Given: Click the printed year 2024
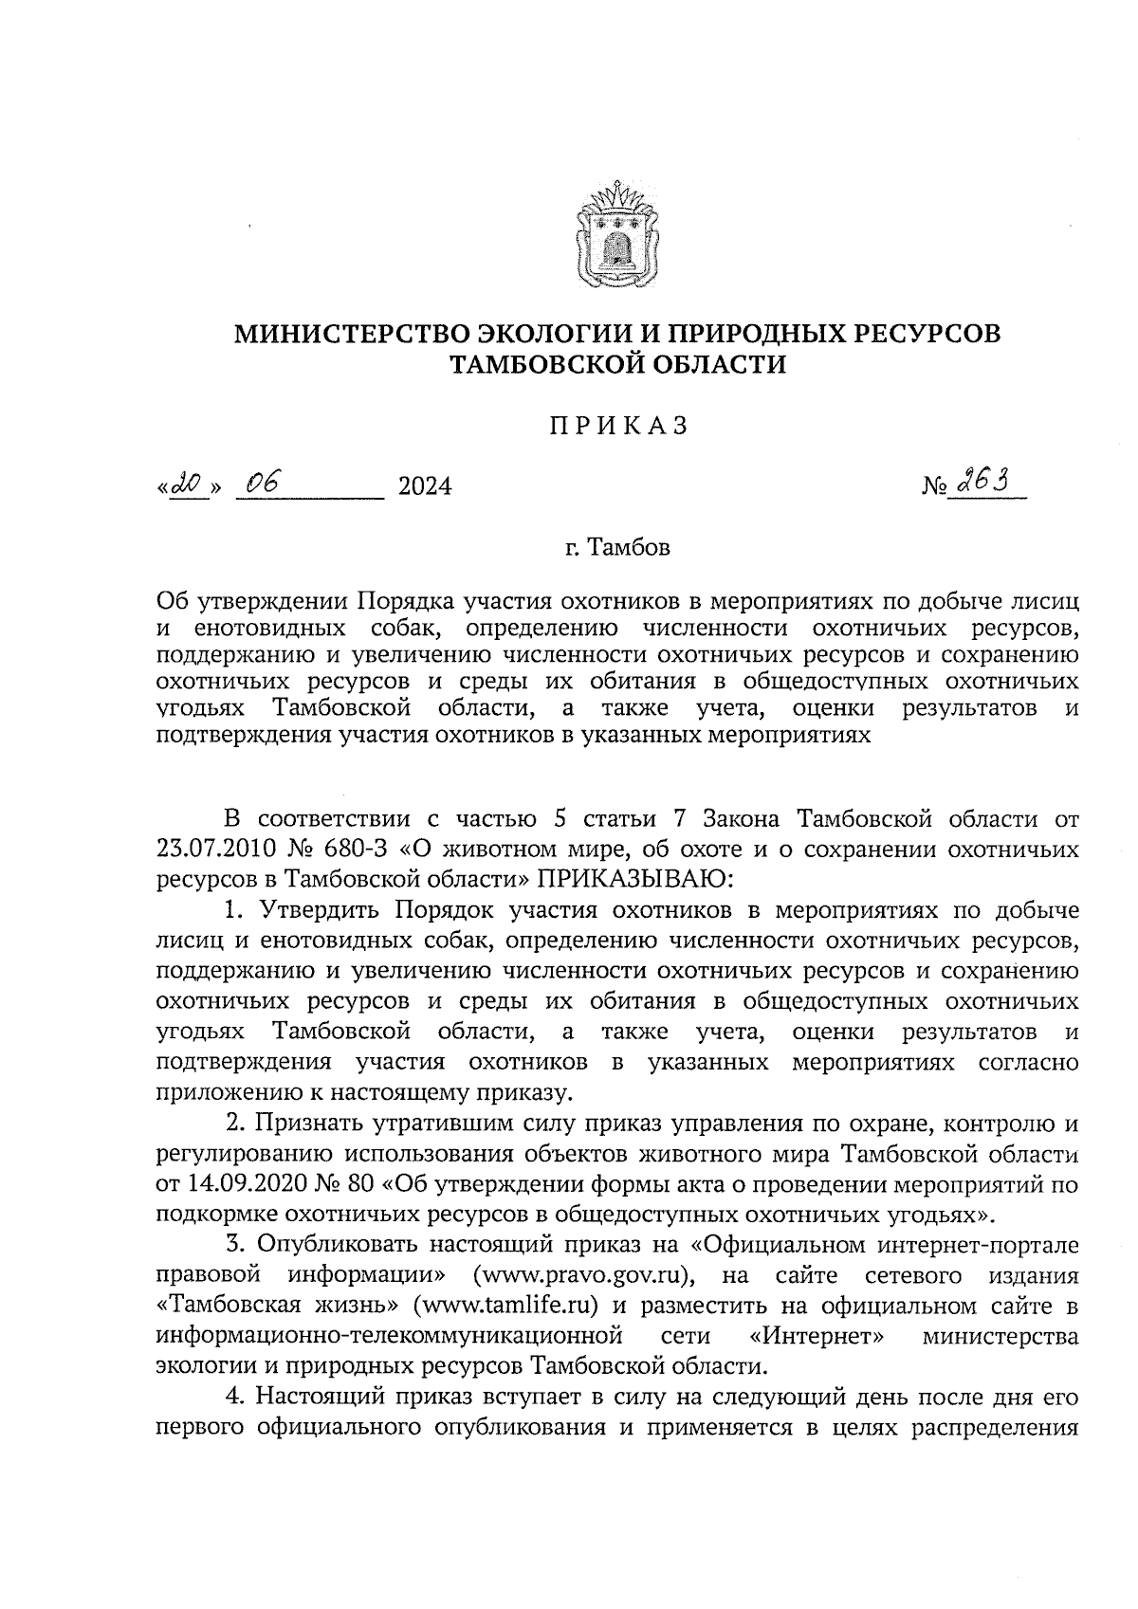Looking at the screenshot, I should click(x=425, y=487).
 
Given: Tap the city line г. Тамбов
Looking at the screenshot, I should click(x=617, y=548).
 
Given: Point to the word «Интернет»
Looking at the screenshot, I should click(x=817, y=1336).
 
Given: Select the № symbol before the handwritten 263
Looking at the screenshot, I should click(x=933, y=487).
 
